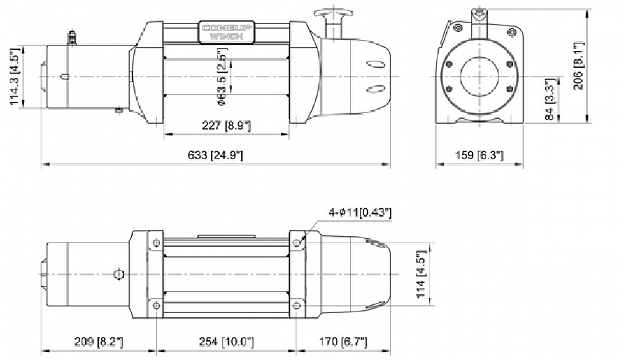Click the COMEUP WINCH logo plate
226,32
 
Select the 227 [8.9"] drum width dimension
226,126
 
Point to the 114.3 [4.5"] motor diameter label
15,76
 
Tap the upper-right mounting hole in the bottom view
297,243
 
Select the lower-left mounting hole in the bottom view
156,306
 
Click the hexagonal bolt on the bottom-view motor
117,274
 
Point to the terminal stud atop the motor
72,36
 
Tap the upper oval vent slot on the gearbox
376,63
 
